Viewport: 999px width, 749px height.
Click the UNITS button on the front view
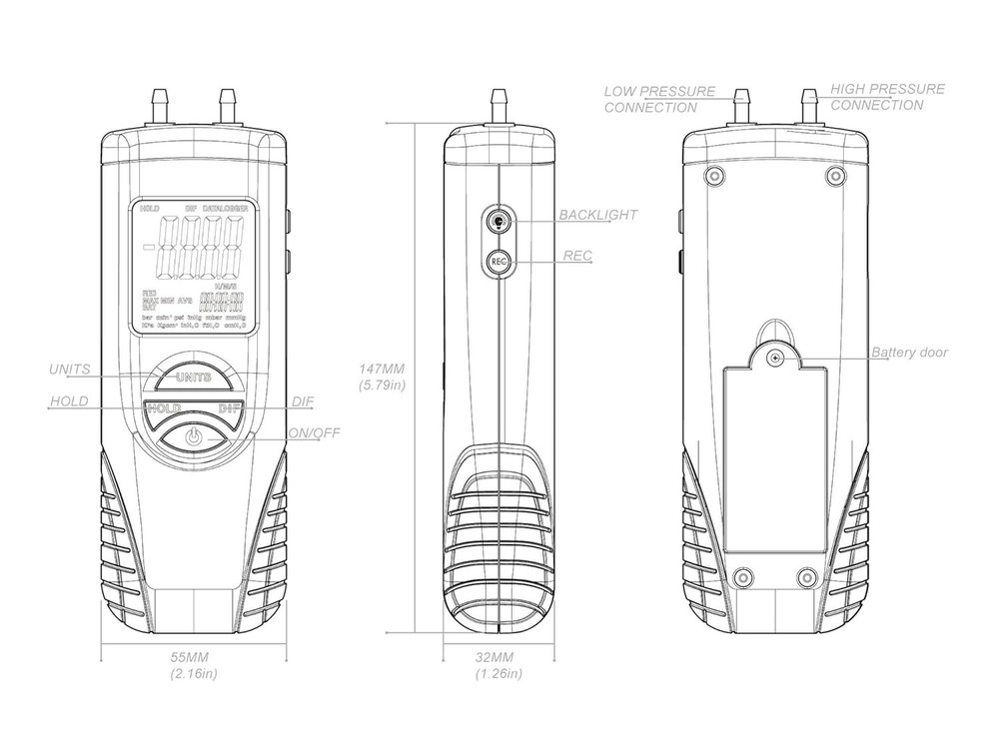[x=193, y=377]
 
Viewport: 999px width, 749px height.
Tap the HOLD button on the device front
[x=162, y=408]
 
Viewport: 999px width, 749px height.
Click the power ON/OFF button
[x=194, y=437]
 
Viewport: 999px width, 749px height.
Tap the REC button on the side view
[x=499, y=262]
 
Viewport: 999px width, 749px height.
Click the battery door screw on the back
[x=774, y=356]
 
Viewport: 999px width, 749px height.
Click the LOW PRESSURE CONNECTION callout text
[x=658, y=99]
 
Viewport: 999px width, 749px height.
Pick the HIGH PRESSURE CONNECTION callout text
[x=887, y=96]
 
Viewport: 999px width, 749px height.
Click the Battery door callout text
[x=909, y=353]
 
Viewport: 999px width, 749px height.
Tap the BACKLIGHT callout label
[x=597, y=215]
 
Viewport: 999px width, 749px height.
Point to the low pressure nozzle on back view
[x=741, y=105]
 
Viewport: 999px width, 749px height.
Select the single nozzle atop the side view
[x=498, y=105]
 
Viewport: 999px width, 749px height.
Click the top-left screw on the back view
[x=711, y=177]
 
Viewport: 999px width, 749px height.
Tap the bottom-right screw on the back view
[x=807, y=578]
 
